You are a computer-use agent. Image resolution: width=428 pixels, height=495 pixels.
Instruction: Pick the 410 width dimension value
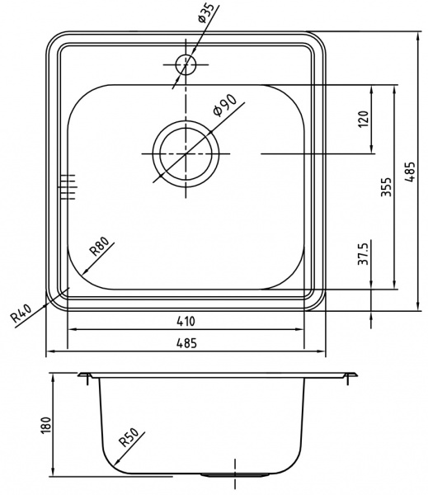186,321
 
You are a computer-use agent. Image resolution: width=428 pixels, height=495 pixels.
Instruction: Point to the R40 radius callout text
23,314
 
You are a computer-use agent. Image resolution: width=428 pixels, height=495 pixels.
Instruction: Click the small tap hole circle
186,64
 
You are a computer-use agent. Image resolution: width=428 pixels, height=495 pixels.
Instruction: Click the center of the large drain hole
189,153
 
